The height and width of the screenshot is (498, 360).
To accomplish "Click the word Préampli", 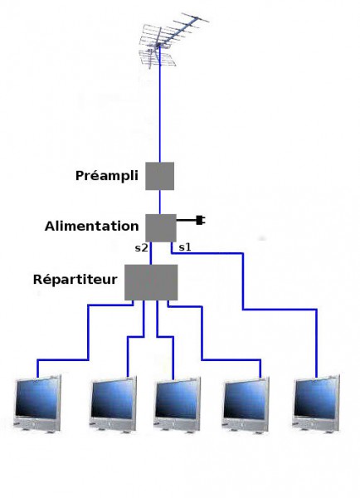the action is [x=107, y=176].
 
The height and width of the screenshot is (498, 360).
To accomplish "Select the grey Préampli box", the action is [x=160, y=176].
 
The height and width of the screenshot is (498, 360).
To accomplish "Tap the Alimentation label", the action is [x=92, y=226].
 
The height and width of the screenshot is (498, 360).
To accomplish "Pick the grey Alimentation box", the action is [x=161, y=227].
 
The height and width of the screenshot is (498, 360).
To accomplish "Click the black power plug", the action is [x=200, y=220].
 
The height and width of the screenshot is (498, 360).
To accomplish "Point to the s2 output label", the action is [x=141, y=247].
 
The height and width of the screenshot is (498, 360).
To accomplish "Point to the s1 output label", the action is [x=185, y=247].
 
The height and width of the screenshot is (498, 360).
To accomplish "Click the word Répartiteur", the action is [x=75, y=280].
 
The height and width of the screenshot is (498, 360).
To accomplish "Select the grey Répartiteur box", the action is [x=151, y=282].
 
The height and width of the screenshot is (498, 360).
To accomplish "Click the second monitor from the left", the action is [x=114, y=404].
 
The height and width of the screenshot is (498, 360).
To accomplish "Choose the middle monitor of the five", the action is [x=178, y=404].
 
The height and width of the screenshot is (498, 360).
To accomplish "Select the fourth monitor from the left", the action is [x=246, y=404].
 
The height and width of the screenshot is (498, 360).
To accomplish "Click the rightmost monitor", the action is [x=316, y=403].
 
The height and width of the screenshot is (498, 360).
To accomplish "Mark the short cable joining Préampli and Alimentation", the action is [x=160, y=202].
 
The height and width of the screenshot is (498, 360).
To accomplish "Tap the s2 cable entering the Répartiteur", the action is [x=151, y=253].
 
